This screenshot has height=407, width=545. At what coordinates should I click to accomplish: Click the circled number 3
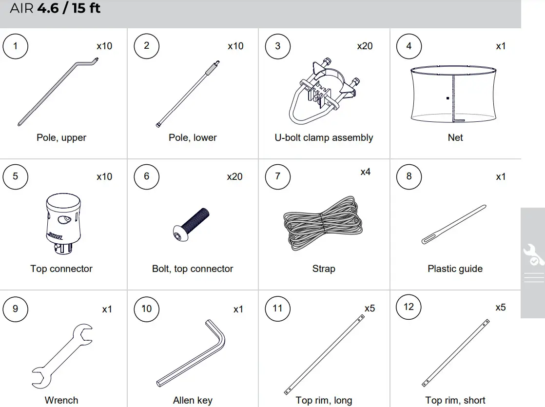278,46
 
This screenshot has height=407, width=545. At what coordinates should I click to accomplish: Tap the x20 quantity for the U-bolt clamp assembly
365,46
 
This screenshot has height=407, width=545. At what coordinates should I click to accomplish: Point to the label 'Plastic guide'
455,269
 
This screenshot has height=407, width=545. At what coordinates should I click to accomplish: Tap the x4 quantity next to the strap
365,172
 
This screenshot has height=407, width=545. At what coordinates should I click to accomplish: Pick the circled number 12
409,307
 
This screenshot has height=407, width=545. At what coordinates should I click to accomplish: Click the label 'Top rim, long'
324,400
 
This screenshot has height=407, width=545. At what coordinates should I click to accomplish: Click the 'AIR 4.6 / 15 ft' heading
55,9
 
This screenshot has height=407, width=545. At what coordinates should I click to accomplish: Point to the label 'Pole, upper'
61,137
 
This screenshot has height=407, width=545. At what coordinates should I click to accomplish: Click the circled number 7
278,176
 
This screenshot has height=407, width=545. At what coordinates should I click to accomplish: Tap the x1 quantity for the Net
501,46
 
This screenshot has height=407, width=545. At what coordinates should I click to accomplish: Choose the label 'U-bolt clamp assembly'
324,137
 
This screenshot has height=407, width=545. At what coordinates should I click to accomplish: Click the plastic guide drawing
453,225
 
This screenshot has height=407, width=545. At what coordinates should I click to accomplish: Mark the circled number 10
147,309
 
